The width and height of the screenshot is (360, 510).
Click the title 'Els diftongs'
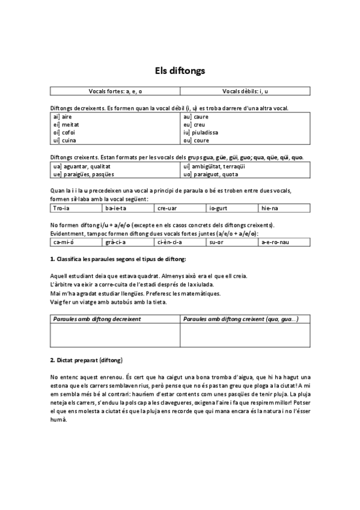(180, 70)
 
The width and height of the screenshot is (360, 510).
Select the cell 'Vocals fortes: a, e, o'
(115, 91)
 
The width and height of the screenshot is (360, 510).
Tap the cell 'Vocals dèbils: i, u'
(245, 91)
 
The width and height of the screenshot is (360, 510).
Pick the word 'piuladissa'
(206, 132)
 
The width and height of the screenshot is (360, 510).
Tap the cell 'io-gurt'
(233, 208)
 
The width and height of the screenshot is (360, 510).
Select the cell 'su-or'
(233, 242)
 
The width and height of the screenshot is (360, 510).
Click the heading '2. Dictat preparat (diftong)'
(87, 360)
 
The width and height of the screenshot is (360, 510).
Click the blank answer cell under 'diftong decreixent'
(115, 336)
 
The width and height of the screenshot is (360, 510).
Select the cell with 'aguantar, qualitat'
(115, 166)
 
